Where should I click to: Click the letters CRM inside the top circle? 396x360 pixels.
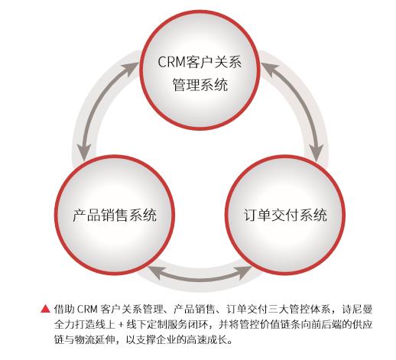point(171,62)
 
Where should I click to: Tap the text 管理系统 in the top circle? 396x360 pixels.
point(200,85)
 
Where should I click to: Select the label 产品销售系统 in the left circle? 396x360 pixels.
point(115,215)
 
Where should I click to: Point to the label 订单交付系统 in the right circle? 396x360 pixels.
point(285,215)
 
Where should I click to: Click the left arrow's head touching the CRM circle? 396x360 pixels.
point(131,70)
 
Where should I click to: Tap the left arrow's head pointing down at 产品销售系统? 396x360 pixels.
point(84,152)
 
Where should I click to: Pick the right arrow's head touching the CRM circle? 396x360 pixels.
point(269,68)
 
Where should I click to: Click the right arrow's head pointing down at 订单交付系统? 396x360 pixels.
point(316,152)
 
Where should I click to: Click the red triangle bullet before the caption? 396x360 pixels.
point(46,309)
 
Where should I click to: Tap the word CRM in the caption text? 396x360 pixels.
point(87,309)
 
